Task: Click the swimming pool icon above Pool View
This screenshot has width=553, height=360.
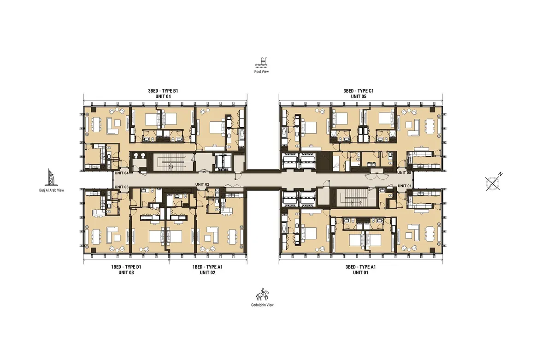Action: click(262, 62)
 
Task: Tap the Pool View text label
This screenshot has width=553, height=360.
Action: click(262, 72)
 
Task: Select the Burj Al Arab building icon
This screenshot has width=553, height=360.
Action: click(51, 177)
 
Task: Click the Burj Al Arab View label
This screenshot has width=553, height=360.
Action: click(52, 189)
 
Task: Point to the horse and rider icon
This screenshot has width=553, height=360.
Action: click(262, 294)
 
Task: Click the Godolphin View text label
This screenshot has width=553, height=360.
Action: click(262, 305)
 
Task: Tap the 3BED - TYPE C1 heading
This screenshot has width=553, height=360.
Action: click(358, 91)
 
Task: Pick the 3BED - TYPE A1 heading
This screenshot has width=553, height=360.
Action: click(361, 267)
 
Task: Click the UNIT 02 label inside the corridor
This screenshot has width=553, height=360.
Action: click(202, 184)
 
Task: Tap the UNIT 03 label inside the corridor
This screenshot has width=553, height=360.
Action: click(121, 186)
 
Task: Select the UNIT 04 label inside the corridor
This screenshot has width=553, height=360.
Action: click(121, 173)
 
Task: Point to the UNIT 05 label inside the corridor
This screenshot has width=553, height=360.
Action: click(404, 173)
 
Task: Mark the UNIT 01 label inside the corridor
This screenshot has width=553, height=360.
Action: click(404, 186)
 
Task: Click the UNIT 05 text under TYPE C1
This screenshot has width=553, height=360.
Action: click(358, 97)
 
